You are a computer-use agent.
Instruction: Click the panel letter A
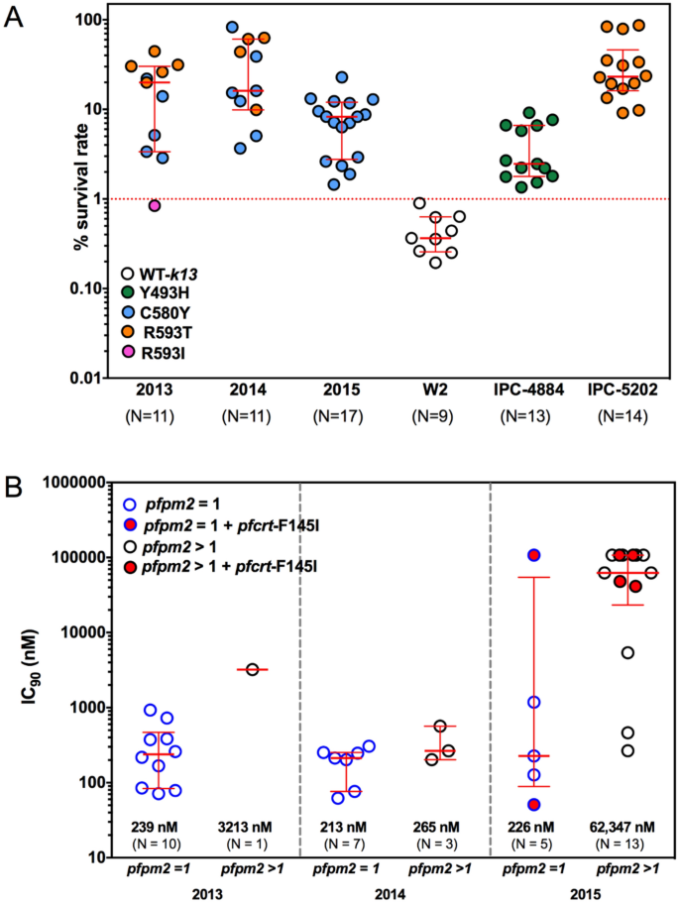tap(15, 17)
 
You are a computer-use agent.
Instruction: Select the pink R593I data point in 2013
tap(155, 205)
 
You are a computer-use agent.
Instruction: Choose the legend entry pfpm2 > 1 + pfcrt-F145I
tap(221, 564)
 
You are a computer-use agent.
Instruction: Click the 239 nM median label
tap(160, 826)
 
